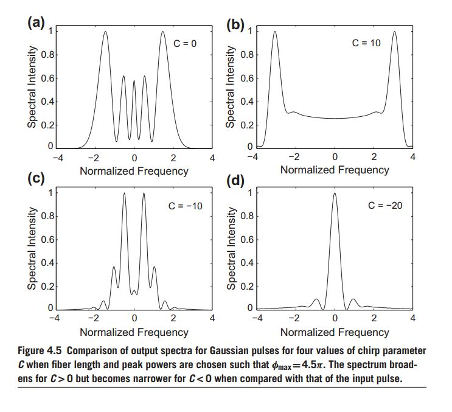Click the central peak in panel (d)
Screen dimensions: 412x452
coord(335,195)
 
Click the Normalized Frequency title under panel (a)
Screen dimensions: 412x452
coord(134,171)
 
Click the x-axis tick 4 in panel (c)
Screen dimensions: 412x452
coord(212,318)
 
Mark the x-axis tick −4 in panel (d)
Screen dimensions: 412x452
coord(257,318)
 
